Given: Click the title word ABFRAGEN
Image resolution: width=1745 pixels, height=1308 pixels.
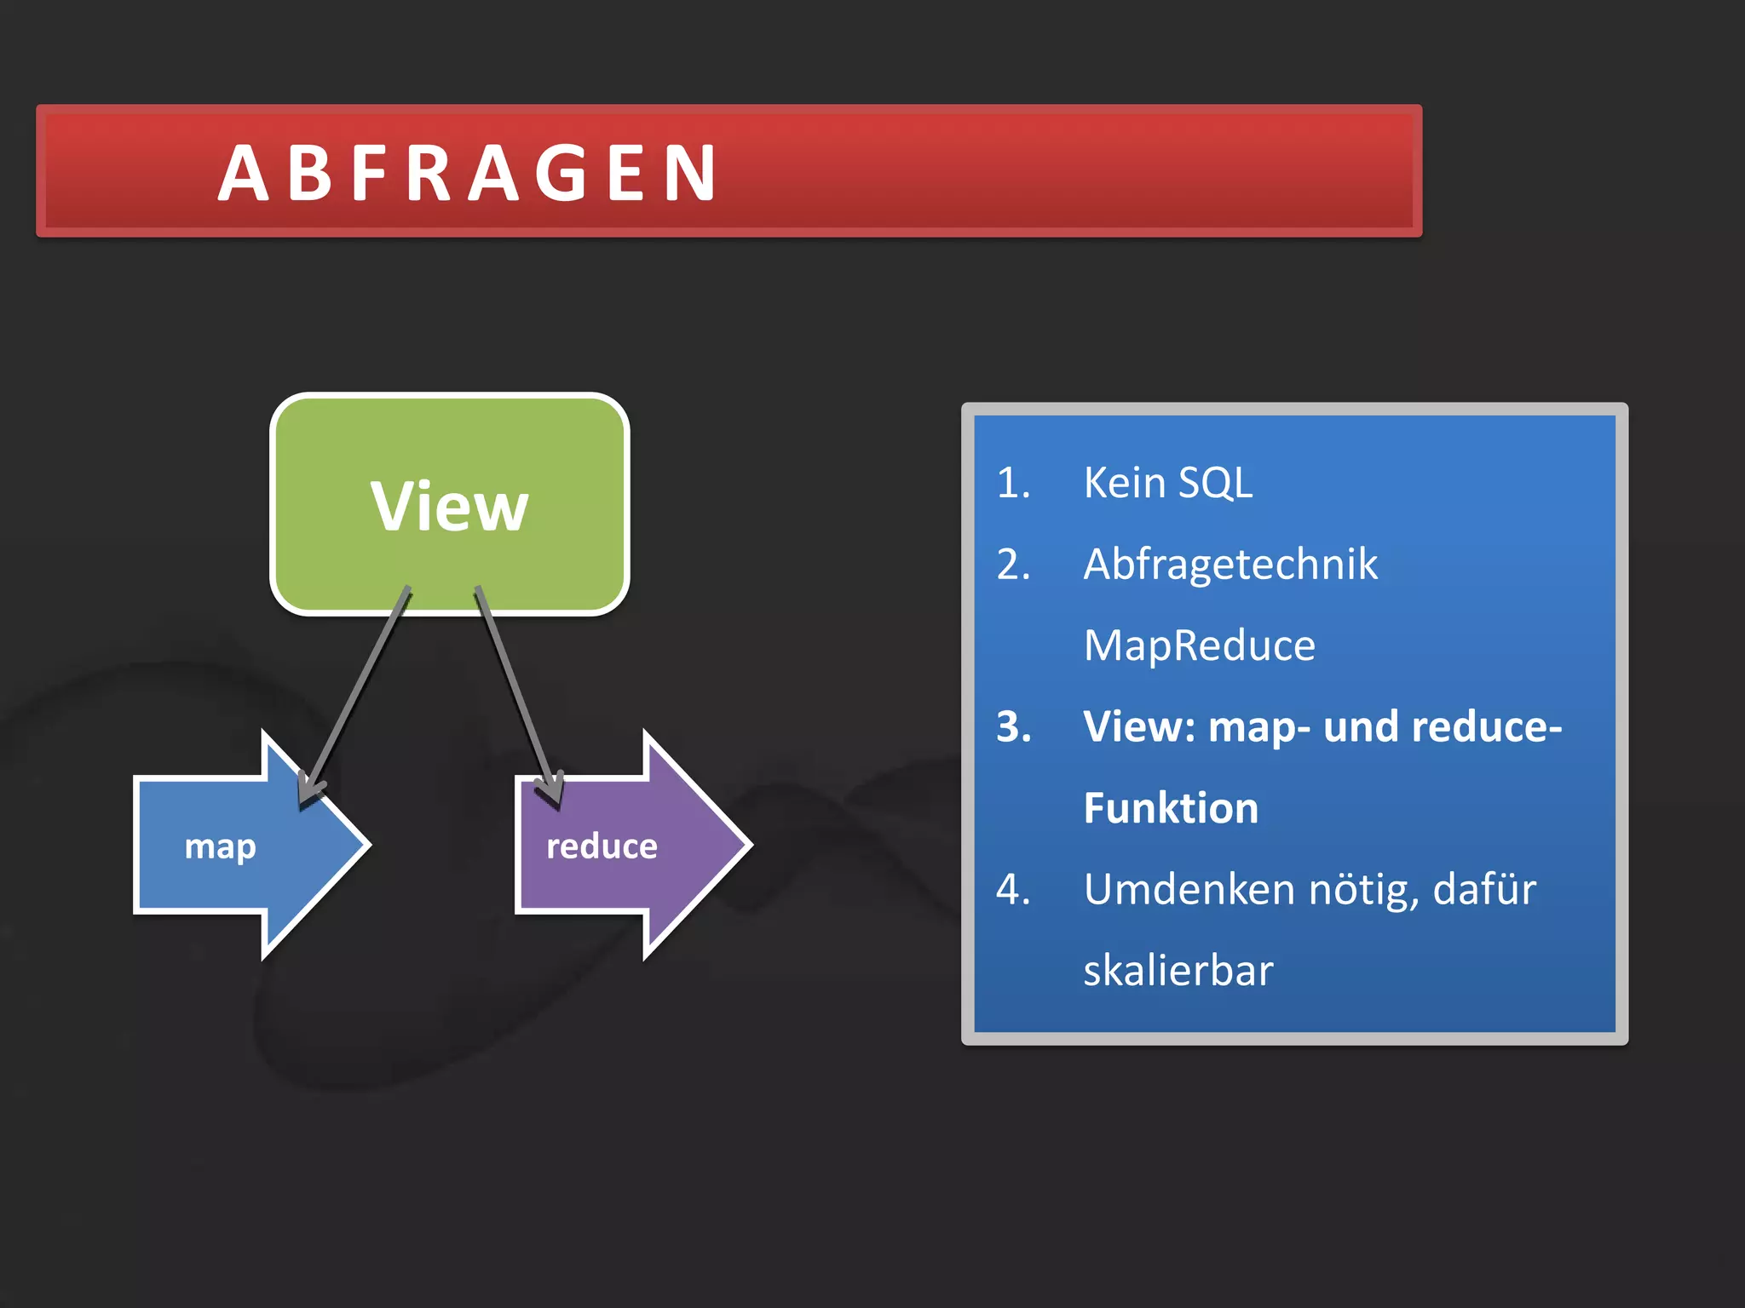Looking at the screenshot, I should point(467,174).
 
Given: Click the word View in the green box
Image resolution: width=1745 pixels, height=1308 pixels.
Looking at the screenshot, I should point(449,507).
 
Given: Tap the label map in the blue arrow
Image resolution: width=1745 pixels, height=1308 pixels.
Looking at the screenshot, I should point(220,847).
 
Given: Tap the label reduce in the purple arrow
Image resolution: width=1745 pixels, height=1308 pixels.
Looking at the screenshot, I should point(602,846).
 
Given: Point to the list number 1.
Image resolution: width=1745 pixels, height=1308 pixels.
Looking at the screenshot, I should point(1013,483).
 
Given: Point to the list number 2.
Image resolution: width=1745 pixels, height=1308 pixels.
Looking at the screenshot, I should point(1013,565).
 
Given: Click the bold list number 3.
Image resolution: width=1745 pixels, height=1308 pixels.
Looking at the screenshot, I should point(1013,727).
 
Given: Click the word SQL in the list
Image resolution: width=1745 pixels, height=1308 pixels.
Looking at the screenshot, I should point(1215,483).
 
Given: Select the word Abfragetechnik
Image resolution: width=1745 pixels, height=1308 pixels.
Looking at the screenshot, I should point(1230,565).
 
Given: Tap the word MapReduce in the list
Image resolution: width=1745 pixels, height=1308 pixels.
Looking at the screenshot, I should point(1199,645).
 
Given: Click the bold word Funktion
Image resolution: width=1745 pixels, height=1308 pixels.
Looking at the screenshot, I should point(1171,808).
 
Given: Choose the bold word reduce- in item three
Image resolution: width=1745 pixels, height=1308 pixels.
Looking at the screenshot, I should point(1486,727).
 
